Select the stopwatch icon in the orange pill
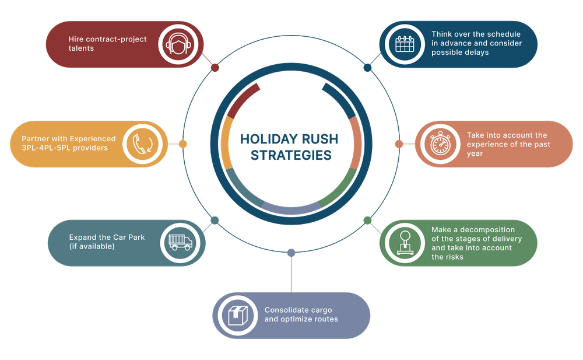tap(439, 144)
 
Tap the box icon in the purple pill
tap(237, 316)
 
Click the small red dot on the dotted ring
tap(215, 68)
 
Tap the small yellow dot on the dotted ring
tap(182, 144)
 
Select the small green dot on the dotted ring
tap(367, 220)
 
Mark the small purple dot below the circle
tap(291, 253)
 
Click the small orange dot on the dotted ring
tap(399, 144)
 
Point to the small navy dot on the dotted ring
tap(367, 68)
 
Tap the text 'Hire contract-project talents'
tap(108, 44)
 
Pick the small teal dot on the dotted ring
tap(215, 220)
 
